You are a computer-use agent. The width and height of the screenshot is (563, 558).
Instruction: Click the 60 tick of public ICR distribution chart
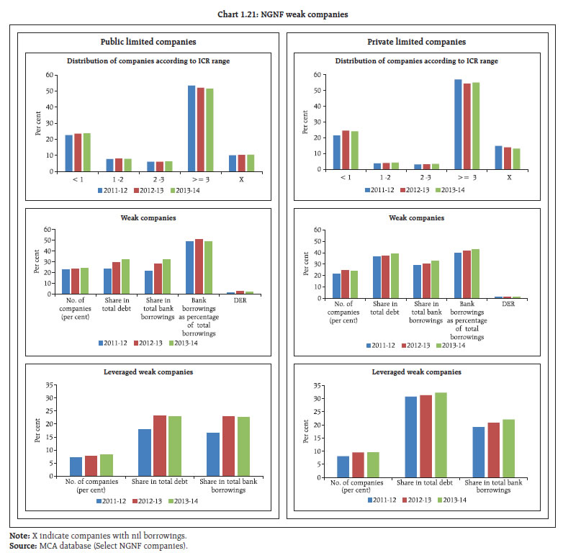click(50, 74)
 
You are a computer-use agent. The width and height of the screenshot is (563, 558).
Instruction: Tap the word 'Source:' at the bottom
click(22, 546)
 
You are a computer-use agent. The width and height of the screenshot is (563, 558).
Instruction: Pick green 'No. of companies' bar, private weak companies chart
click(354, 283)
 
